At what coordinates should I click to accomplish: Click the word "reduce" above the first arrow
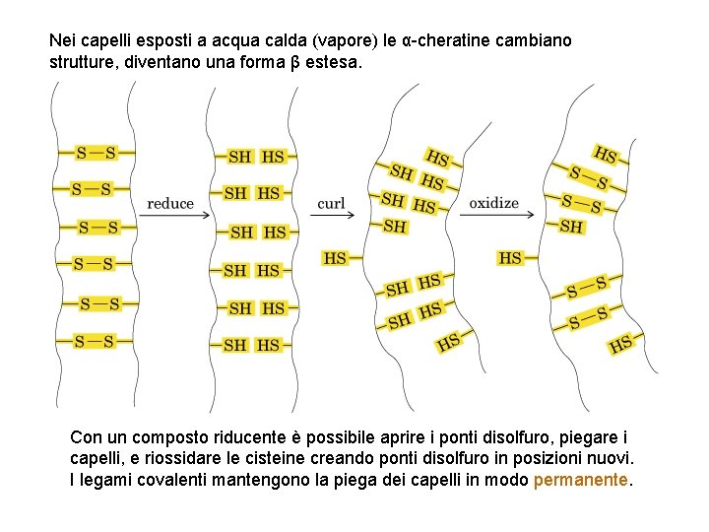170,204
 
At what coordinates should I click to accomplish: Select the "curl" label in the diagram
332,204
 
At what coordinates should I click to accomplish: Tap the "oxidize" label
493,203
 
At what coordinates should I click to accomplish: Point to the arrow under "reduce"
170,216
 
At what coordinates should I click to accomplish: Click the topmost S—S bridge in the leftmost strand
97,153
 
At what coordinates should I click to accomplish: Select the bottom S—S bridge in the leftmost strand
95,342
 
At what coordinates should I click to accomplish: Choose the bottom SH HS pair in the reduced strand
252,345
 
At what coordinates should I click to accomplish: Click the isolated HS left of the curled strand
335,258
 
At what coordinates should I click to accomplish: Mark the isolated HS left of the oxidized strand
510,258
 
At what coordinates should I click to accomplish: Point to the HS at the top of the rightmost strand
605,155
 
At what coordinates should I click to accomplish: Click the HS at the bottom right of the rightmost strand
620,344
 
